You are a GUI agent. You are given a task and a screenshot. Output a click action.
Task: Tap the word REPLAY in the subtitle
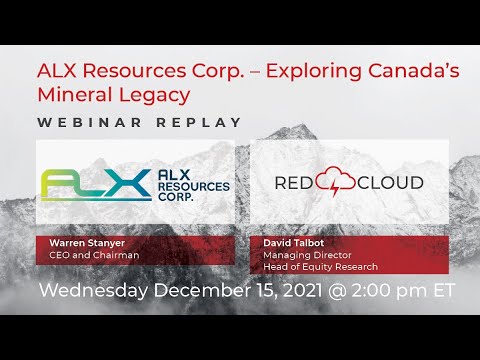coord(197,122)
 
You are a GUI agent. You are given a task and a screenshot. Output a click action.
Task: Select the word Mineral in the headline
coord(73,94)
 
